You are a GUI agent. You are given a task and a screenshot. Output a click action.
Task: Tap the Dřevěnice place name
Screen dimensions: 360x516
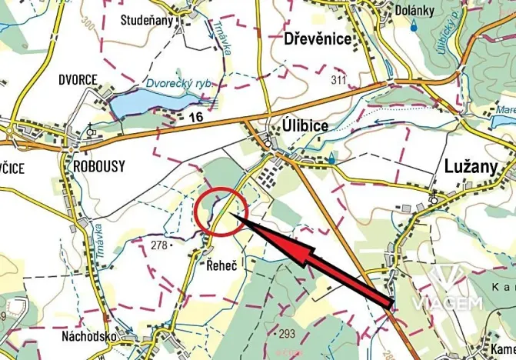click(x=317, y=38)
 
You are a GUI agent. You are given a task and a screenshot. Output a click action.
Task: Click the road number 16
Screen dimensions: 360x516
click(x=196, y=116)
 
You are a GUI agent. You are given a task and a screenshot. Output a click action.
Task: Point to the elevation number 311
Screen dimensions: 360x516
click(x=338, y=80)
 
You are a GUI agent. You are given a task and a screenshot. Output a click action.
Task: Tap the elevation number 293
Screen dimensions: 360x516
click(x=288, y=333)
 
